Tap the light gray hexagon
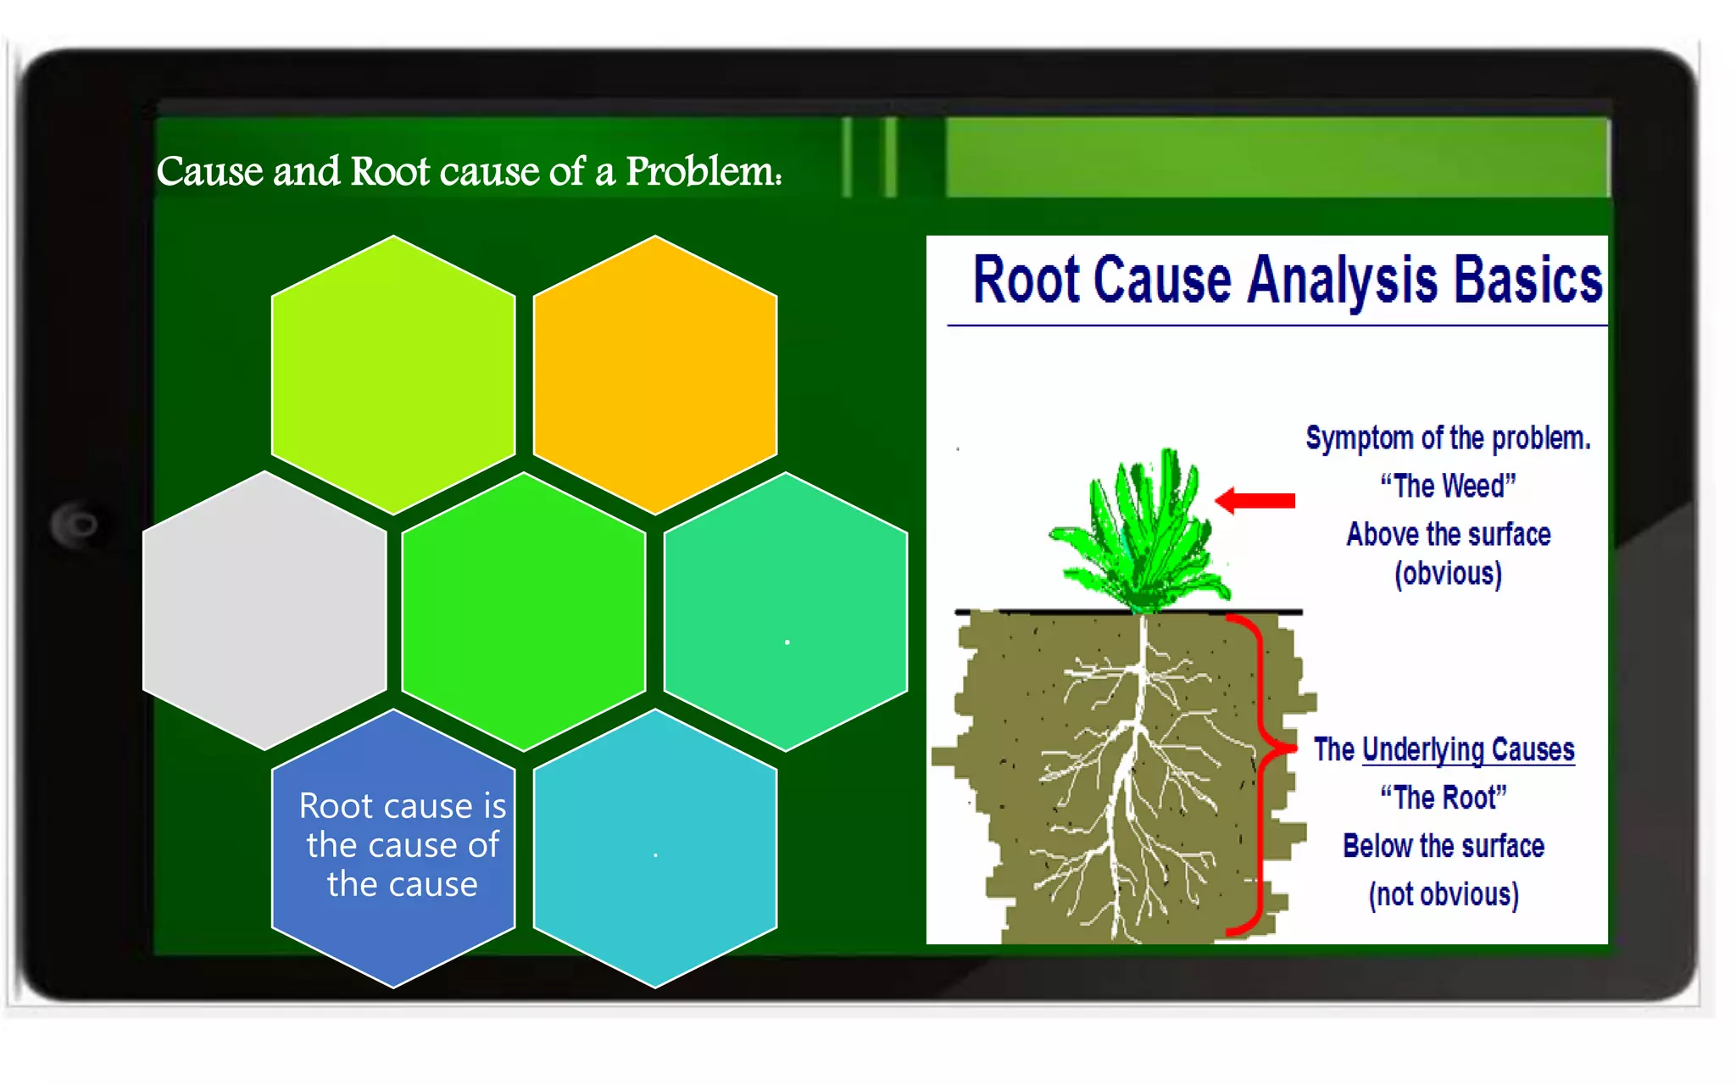coord(264,610)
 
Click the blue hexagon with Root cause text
coord(392,848)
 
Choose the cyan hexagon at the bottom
coord(654,848)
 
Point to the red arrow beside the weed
coord(1256,500)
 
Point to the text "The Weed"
coord(1447,486)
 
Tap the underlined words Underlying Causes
coord(1467,749)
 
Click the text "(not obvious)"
coord(1443,894)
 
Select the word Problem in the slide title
coord(702,171)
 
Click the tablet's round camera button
coord(78,525)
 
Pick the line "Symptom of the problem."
coord(1447,438)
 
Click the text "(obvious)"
coord(1448,574)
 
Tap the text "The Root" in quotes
coord(1443,798)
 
